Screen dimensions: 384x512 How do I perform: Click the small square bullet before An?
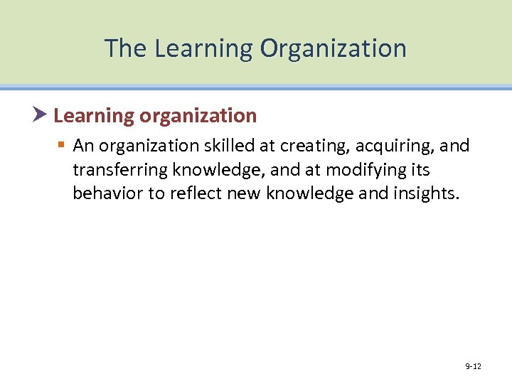click(x=62, y=146)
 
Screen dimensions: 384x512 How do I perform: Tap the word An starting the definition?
click(x=82, y=146)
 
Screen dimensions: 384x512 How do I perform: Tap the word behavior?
click(x=106, y=194)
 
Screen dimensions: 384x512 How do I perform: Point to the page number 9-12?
click(x=473, y=366)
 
